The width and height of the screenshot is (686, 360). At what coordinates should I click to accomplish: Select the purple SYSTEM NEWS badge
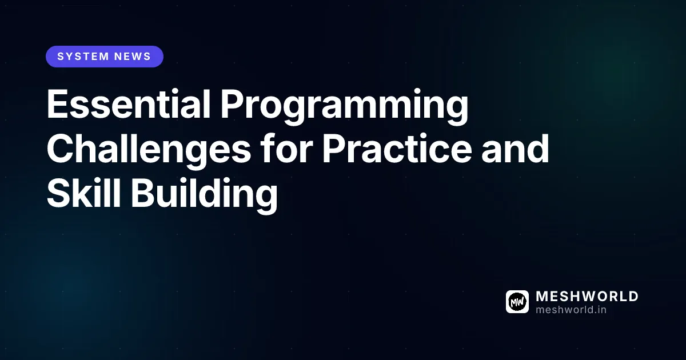[105, 57]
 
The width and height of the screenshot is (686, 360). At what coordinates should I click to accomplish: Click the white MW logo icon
[517, 302]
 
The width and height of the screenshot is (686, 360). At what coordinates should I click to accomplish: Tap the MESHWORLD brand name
[587, 297]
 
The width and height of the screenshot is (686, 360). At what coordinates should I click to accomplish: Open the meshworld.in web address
[571, 309]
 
